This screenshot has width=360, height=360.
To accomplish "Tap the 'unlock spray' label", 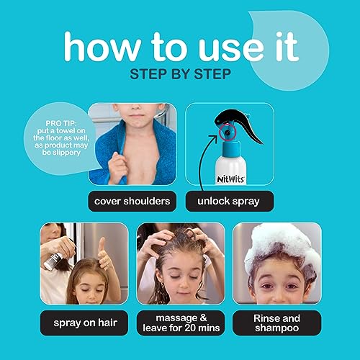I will coord(229,202).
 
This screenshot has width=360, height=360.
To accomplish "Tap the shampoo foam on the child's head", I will coord(276,241).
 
